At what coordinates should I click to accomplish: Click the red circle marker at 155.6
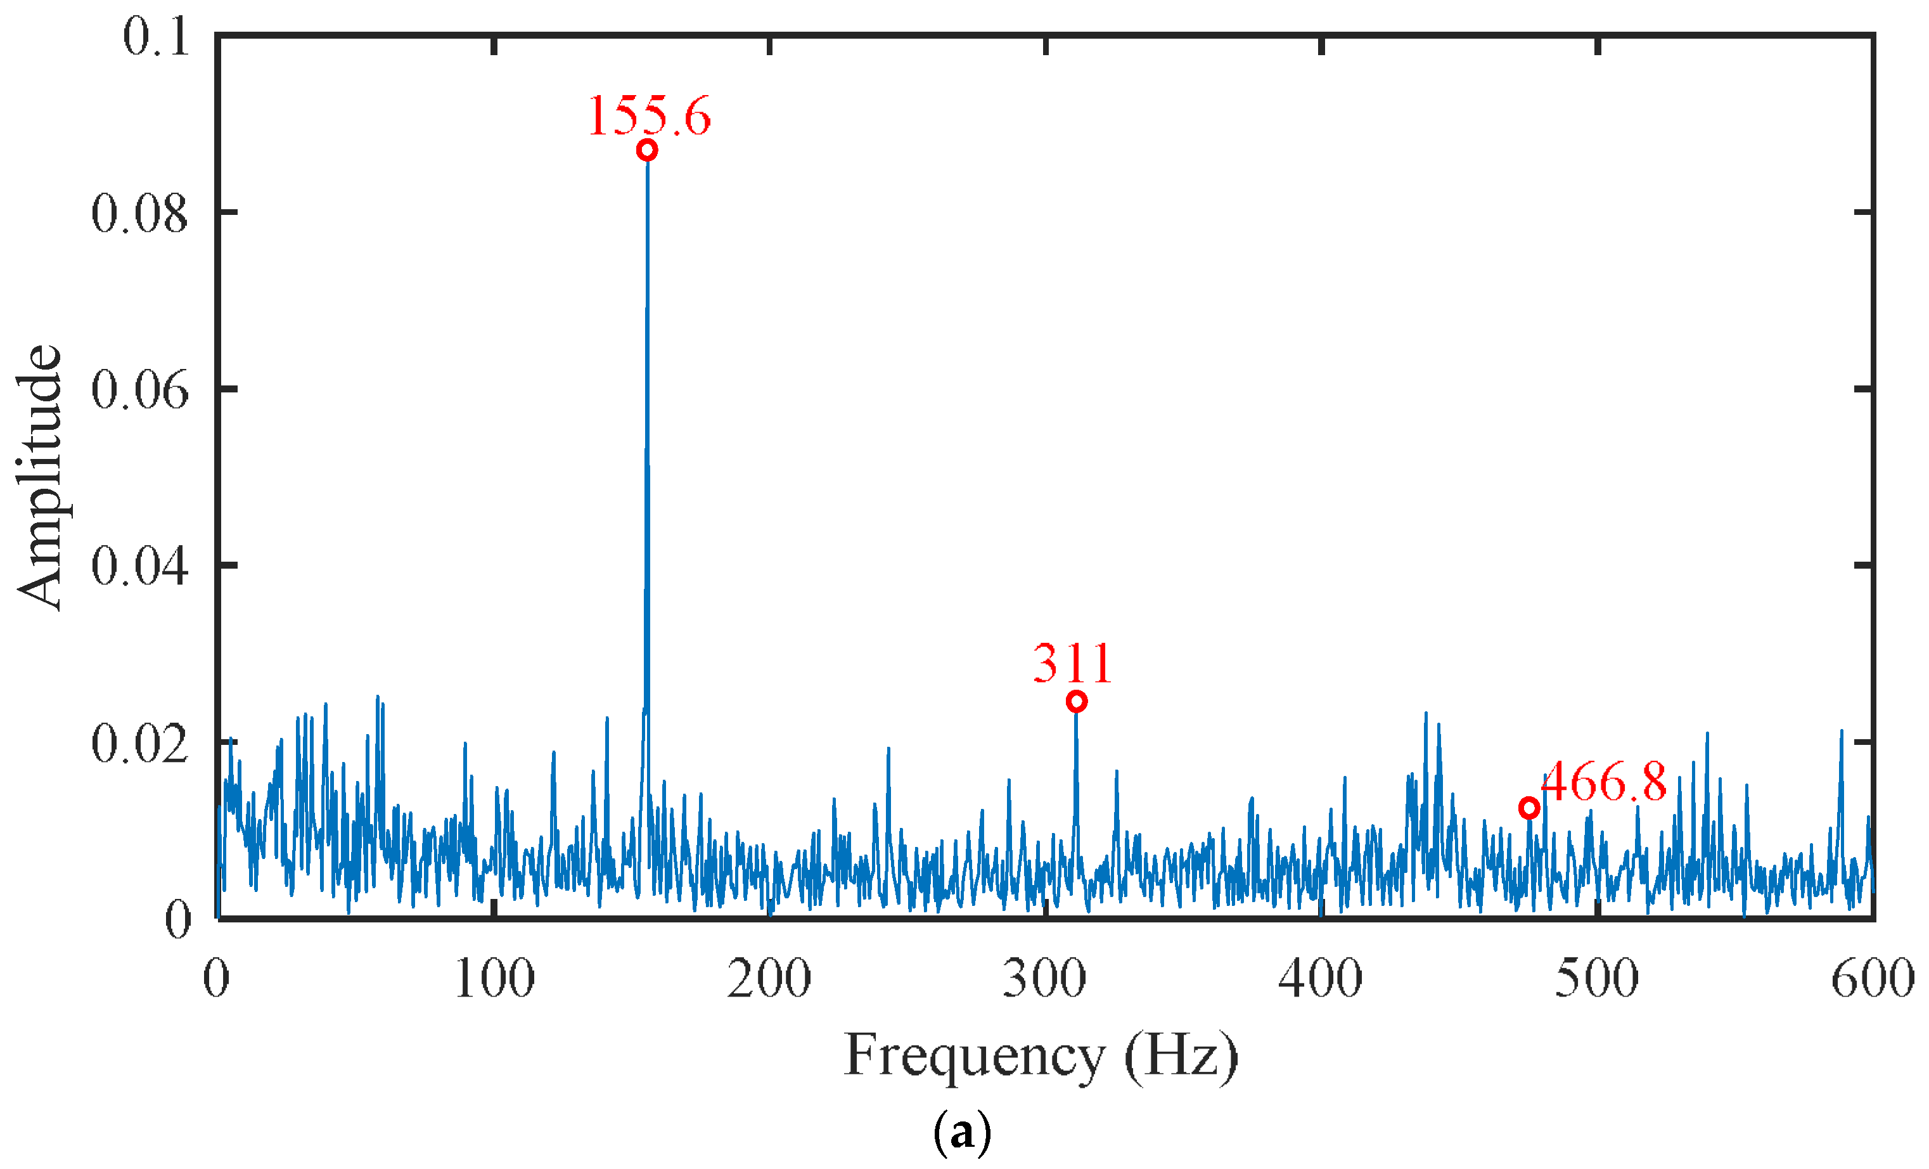[646, 150]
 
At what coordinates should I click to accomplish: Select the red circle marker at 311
[1077, 702]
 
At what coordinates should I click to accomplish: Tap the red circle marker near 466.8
[1529, 808]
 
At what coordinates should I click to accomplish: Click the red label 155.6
[649, 116]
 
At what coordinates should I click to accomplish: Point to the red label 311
[1072, 664]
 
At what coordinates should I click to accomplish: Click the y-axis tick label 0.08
[139, 213]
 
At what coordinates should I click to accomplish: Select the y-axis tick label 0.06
[139, 390]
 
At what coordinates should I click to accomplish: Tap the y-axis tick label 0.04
[139, 566]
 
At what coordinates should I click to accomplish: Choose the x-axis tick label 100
[494, 979]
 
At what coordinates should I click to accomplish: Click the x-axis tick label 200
[769, 979]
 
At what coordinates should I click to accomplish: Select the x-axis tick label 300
[1045, 979]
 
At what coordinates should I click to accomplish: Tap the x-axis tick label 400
[1321, 979]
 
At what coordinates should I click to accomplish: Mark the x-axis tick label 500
[1596, 979]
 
